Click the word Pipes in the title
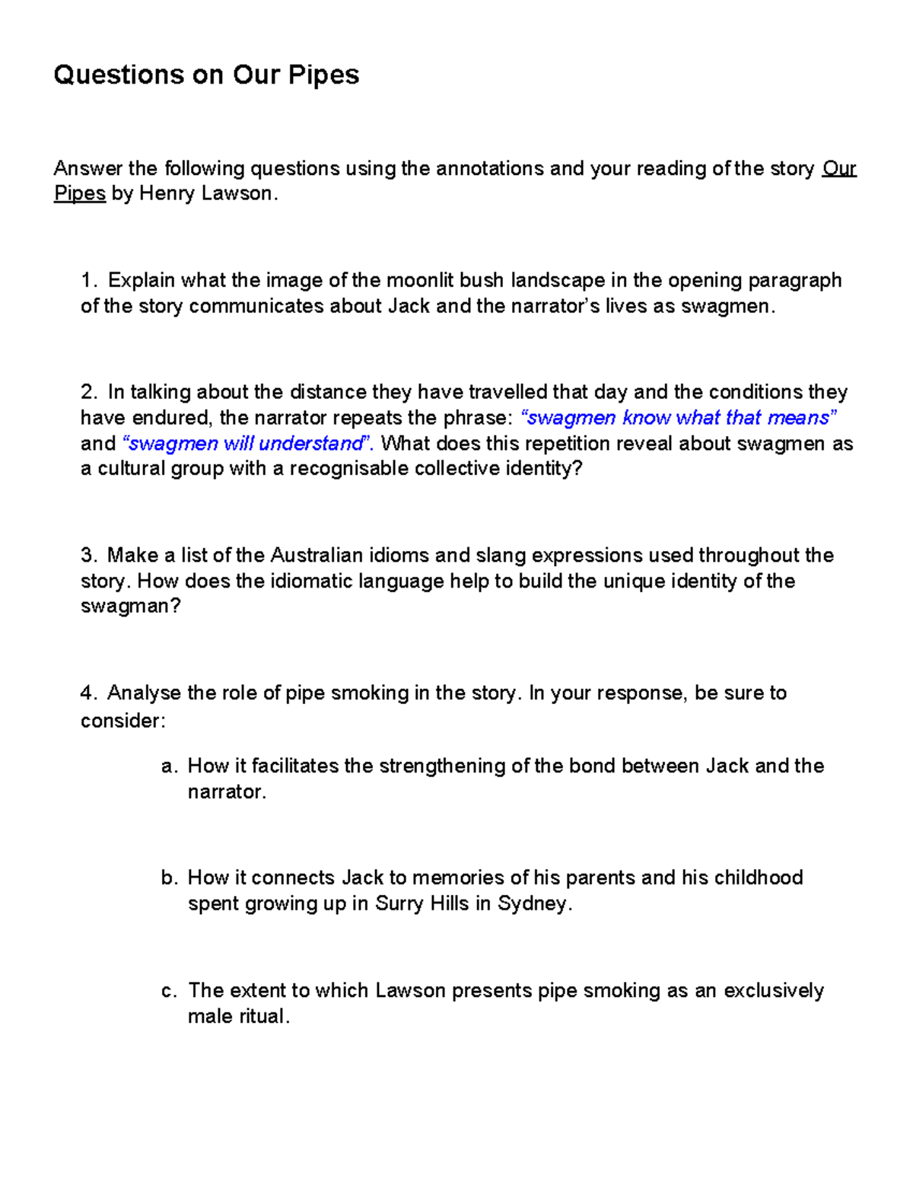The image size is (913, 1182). [323, 75]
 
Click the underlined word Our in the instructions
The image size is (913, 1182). [839, 168]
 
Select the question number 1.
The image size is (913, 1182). [88, 280]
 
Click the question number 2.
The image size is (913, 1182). [88, 392]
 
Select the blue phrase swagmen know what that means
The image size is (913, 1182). [678, 418]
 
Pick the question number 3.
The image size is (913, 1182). [88, 555]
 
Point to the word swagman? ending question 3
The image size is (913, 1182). [130, 607]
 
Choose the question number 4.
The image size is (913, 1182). [88, 693]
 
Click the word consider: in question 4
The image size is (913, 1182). [122, 720]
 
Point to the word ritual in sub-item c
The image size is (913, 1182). [263, 1016]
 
